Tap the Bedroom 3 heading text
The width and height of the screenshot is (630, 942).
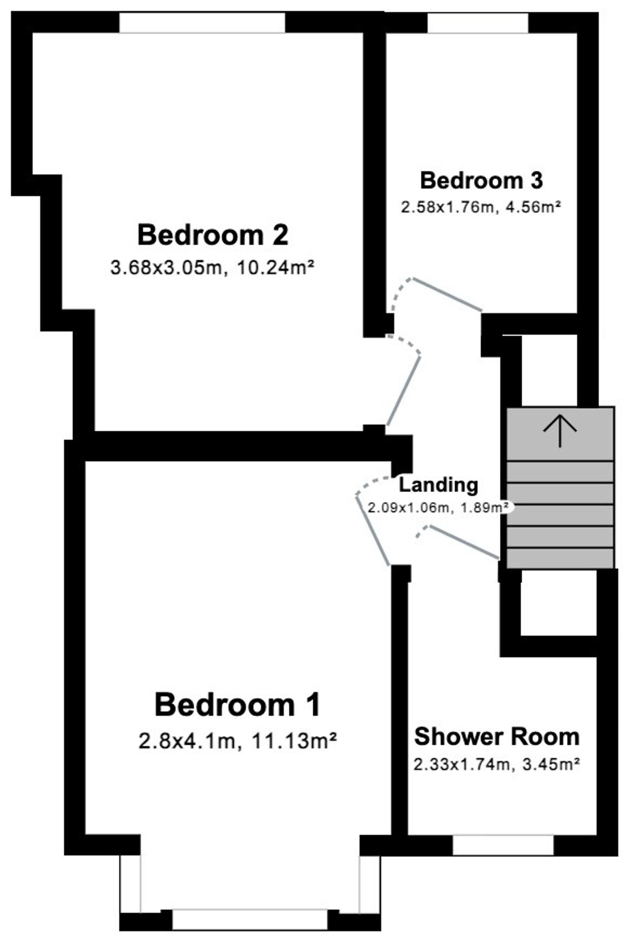(481, 181)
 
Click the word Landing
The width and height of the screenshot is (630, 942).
(438, 485)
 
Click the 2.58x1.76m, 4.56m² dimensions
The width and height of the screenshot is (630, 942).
(481, 208)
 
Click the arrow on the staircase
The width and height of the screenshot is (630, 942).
(560, 432)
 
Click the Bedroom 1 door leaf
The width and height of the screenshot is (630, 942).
(372, 531)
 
